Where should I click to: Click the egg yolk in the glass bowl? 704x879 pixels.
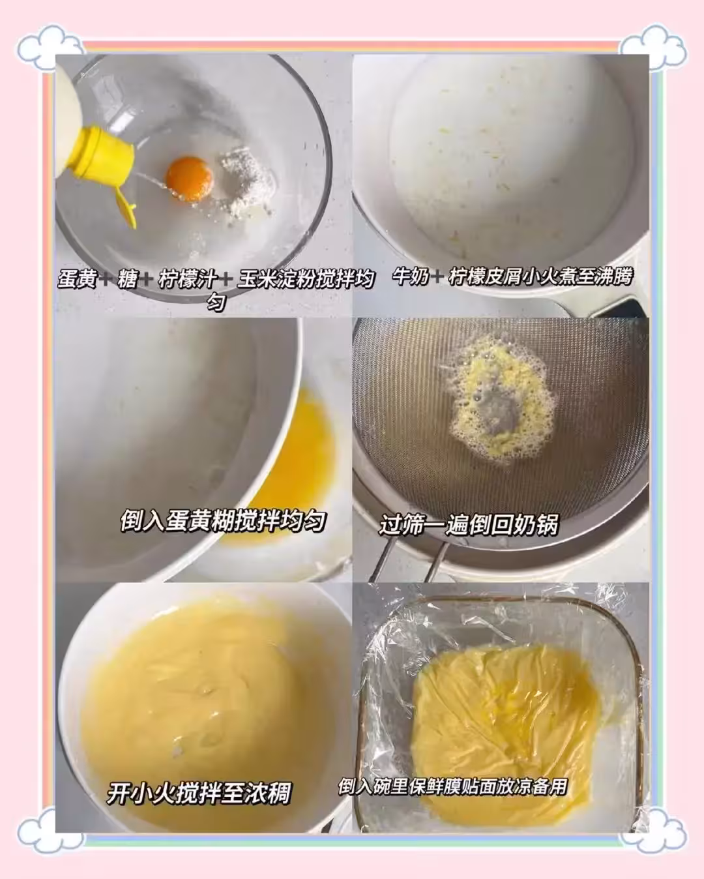click(x=189, y=177)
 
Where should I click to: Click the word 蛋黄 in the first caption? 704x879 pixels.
click(x=77, y=280)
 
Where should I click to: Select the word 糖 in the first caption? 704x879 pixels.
click(x=127, y=280)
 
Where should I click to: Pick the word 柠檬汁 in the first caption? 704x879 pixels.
click(x=188, y=280)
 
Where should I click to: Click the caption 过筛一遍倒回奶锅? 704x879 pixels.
click(x=469, y=525)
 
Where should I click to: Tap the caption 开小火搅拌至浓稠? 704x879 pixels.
click(x=199, y=794)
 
